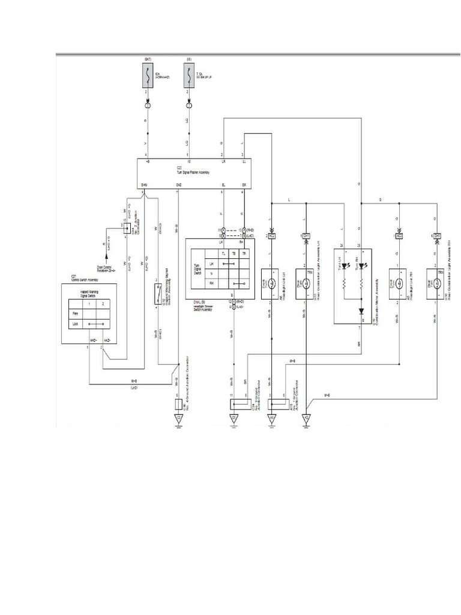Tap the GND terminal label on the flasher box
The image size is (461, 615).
(178, 185)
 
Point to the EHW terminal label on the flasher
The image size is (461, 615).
(144, 185)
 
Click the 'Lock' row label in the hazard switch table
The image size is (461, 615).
(75, 324)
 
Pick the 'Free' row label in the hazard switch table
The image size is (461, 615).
(75, 313)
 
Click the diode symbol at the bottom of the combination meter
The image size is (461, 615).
(361, 312)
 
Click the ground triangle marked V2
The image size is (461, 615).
(306, 418)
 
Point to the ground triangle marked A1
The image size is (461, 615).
(271, 418)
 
